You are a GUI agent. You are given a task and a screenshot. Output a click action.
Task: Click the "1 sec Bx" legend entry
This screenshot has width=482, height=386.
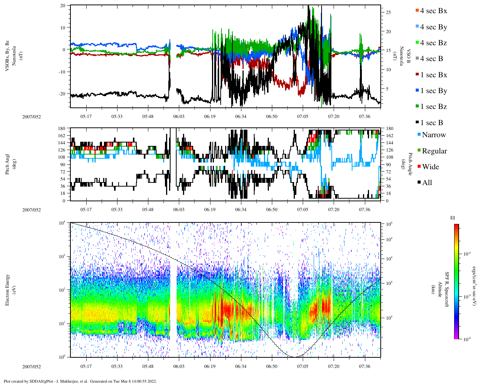click(433, 75)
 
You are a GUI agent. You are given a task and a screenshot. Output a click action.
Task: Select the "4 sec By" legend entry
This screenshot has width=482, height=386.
click(433, 27)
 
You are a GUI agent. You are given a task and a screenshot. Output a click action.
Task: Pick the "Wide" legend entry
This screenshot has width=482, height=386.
click(430, 167)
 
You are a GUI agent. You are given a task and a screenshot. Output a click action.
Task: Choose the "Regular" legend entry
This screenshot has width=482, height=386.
click(434, 151)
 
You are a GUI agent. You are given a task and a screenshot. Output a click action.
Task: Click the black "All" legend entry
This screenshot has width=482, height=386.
click(427, 183)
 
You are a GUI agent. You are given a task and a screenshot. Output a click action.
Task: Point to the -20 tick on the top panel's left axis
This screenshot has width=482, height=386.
click(62, 94)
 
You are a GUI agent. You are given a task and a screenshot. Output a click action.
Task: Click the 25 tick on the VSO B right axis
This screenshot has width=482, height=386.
click(388, 12)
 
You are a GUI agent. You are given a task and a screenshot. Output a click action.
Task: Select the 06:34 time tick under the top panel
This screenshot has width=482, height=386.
click(241, 116)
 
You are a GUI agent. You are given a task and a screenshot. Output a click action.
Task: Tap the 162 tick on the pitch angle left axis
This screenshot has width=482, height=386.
click(61, 136)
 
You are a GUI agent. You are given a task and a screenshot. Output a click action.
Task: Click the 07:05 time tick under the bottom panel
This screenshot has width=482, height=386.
click(303, 366)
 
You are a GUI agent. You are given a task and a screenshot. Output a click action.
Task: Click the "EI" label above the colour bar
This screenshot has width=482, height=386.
click(453, 218)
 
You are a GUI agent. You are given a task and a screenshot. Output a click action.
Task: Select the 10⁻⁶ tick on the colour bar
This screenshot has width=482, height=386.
click(467, 339)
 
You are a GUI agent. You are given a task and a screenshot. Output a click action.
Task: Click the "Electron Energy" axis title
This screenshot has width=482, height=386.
click(7, 290)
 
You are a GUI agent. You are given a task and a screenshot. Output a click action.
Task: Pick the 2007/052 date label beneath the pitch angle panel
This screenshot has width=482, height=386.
click(32, 210)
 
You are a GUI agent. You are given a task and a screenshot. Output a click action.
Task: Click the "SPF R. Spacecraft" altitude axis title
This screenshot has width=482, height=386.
click(447, 289)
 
